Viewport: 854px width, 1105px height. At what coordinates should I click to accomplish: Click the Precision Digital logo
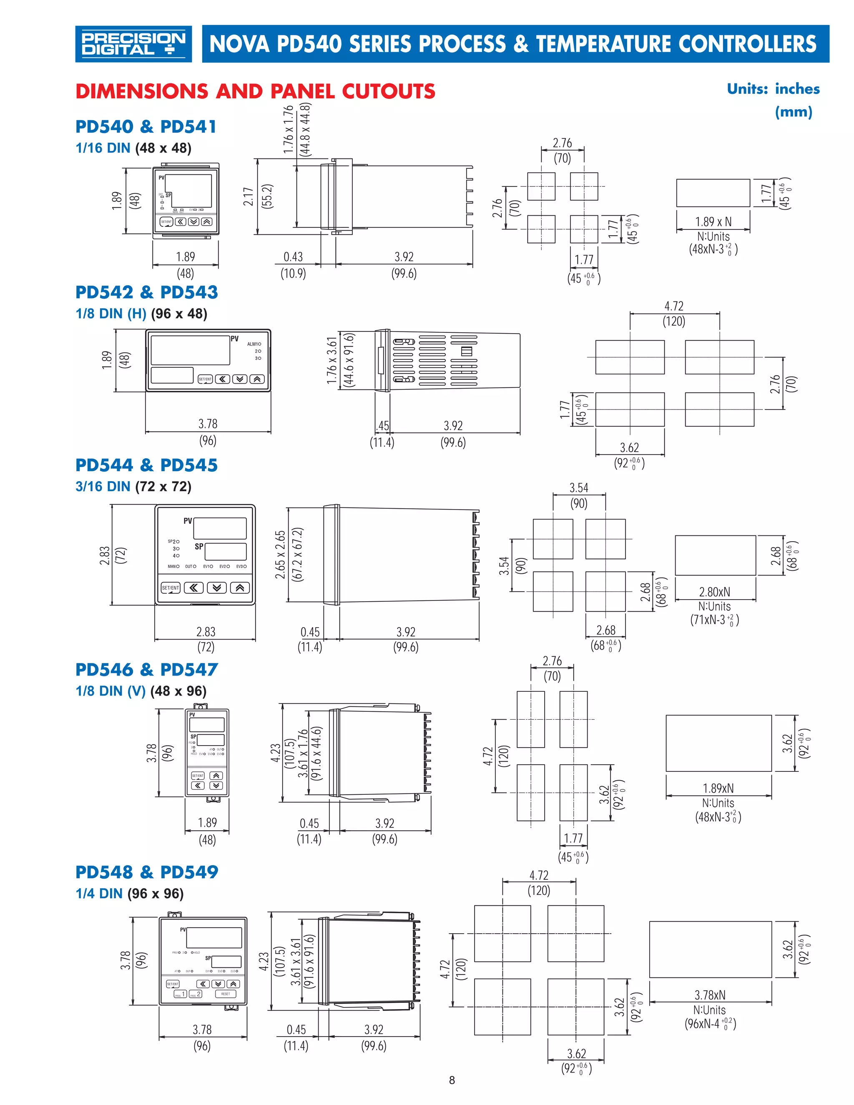(x=133, y=44)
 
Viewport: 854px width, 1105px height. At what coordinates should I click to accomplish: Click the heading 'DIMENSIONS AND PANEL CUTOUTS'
(x=255, y=92)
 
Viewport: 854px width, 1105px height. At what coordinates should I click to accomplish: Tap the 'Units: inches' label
(x=773, y=89)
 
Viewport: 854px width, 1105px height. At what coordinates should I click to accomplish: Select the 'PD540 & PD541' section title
(x=146, y=126)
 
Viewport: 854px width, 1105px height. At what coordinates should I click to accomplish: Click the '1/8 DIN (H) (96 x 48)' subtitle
(x=141, y=314)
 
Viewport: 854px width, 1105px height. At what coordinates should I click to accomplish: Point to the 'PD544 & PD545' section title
(x=146, y=465)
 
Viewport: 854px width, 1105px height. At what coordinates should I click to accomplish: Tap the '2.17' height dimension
(x=248, y=196)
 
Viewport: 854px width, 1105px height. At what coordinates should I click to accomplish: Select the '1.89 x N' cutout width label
(x=713, y=221)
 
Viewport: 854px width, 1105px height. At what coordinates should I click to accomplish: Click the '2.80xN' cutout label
(x=714, y=592)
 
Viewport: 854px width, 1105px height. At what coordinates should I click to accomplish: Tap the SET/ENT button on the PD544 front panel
(x=171, y=588)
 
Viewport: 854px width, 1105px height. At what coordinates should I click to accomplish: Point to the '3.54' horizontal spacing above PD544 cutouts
(x=579, y=488)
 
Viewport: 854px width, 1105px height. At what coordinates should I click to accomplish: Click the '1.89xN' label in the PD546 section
(x=718, y=788)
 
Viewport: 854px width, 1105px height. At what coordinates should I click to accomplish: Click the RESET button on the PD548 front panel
(x=226, y=994)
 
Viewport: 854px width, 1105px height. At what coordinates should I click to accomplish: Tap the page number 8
(x=452, y=1080)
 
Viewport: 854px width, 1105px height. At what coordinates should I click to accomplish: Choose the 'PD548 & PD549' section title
(x=146, y=872)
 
